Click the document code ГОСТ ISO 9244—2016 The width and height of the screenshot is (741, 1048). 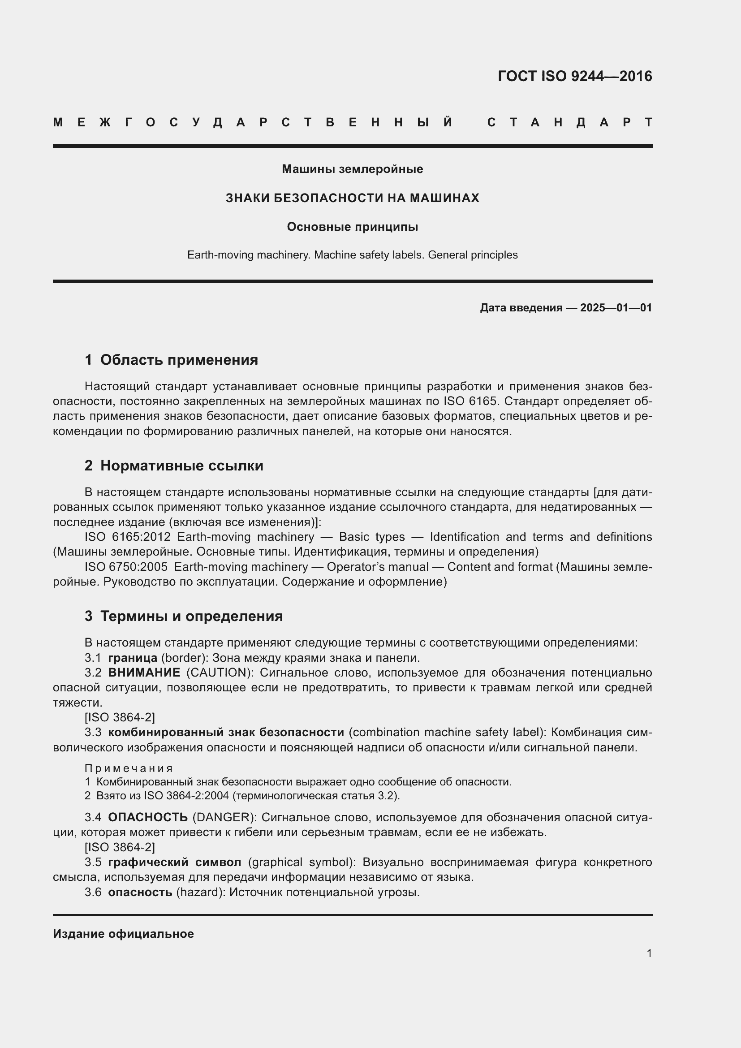pos(574,76)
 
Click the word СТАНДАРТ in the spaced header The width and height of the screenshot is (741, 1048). pos(569,122)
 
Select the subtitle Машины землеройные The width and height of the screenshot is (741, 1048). pos(352,169)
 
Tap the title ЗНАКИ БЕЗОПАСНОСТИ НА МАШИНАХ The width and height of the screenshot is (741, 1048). pos(352,198)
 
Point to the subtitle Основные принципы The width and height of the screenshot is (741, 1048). pos(352,227)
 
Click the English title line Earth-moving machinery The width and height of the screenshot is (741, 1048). pos(352,254)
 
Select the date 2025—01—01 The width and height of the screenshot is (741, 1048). pos(616,308)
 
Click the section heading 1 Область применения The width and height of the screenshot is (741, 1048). pos(171,360)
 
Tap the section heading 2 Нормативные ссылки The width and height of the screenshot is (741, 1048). pos(174,466)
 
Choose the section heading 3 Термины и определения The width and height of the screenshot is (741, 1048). pos(183,616)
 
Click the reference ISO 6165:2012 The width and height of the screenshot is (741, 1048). pos(127,537)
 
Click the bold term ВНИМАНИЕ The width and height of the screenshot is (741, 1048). pos(144,673)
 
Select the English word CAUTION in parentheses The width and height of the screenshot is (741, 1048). pos(216,673)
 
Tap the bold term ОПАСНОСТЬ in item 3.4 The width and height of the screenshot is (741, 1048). pos(148,817)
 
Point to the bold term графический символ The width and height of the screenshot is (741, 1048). pos(174,862)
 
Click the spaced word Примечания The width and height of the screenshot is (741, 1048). pos(129,769)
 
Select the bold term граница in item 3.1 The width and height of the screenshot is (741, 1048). pos(132,658)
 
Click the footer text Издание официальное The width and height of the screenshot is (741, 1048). pos(123,934)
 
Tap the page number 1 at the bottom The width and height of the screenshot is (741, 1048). pos(649,953)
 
